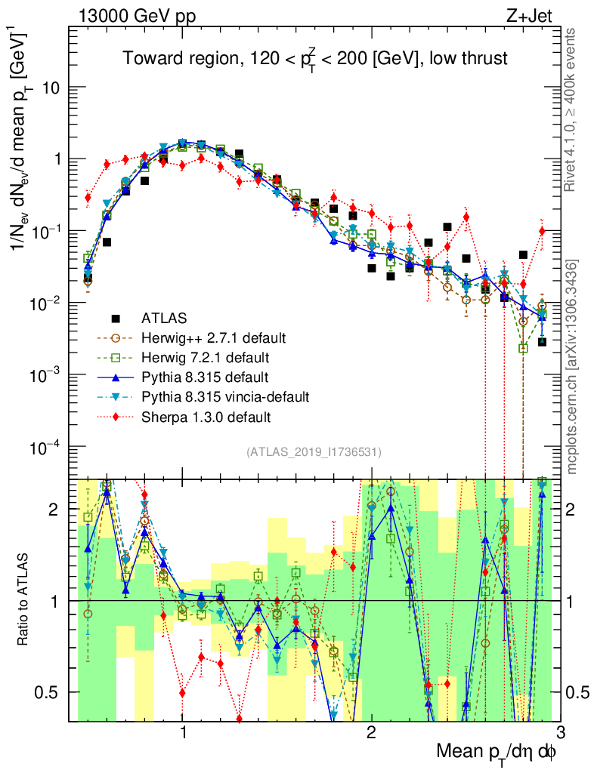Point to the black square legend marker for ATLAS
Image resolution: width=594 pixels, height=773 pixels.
tap(115, 318)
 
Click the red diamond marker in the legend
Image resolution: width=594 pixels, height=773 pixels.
tap(115, 416)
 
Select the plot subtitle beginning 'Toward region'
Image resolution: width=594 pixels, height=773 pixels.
tap(315, 59)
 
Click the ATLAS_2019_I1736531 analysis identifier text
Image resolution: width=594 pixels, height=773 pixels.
tap(314, 452)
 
